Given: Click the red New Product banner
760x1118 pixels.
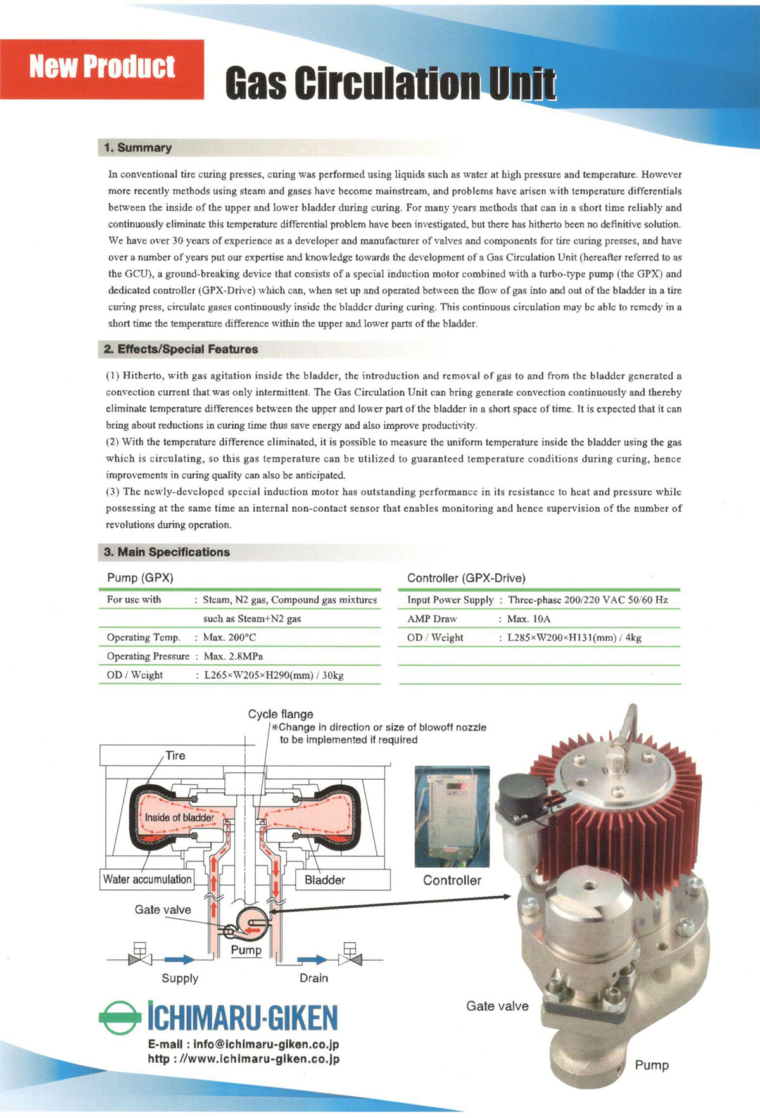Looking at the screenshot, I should (x=102, y=68).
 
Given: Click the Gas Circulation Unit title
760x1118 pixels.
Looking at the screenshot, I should (x=390, y=84).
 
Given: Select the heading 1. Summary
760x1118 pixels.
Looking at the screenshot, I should (x=138, y=148).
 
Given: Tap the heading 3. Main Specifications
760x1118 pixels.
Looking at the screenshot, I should (x=167, y=552).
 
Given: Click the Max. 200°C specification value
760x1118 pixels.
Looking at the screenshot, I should (x=230, y=637).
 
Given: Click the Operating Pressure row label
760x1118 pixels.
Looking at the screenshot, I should (x=148, y=656).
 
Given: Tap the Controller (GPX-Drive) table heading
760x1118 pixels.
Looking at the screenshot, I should (x=466, y=578).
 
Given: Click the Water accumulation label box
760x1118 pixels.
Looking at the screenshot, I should (x=147, y=879).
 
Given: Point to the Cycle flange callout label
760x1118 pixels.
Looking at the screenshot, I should (x=281, y=714).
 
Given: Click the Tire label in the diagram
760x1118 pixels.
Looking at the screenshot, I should (x=175, y=756).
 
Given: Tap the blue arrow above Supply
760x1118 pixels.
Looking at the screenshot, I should (x=180, y=960).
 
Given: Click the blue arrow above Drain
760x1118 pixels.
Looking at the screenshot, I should (x=313, y=960).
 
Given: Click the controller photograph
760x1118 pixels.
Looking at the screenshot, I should (x=452, y=816).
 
